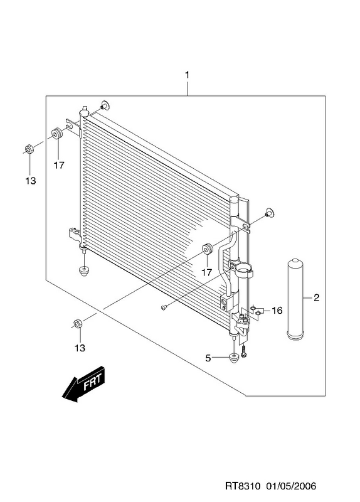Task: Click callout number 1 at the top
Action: coord(187,75)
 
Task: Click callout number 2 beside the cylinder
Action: coord(316,297)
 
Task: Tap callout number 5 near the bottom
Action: coord(208,358)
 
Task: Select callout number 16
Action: coord(277,310)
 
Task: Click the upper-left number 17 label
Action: coord(59,165)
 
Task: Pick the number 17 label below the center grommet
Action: coord(207,272)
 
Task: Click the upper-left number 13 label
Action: coord(30,181)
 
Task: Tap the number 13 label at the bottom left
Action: coord(80,348)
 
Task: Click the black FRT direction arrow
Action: coord(84,383)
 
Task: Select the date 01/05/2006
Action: coord(290,486)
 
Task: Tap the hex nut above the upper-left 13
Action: coord(29,149)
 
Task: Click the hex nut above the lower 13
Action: coord(77,324)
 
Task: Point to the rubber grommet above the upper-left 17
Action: coord(56,133)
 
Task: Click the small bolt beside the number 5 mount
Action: coord(244,353)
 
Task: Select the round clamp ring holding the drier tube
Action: coord(245,270)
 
